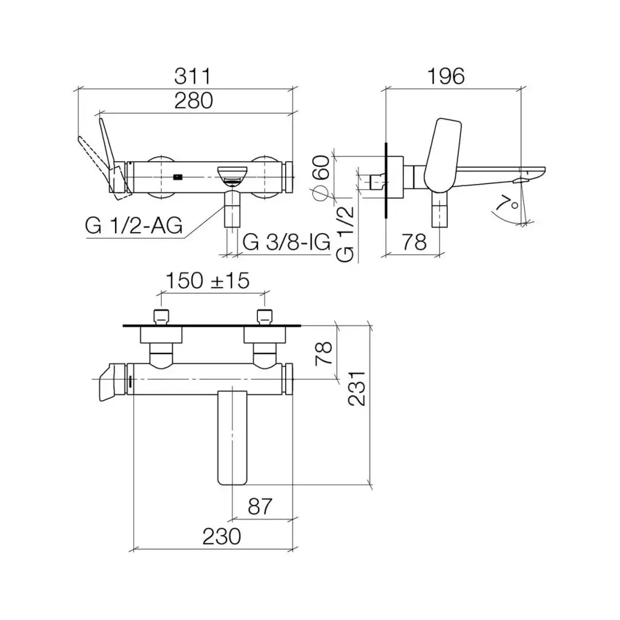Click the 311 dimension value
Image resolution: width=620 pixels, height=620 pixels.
pyautogui.click(x=193, y=76)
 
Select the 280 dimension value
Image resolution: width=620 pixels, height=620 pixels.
pyautogui.click(x=194, y=101)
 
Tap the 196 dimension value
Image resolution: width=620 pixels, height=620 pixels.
pyautogui.click(x=446, y=76)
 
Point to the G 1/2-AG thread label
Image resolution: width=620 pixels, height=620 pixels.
pyautogui.click(x=134, y=226)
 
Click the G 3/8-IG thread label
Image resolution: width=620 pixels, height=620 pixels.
pyautogui.click(x=286, y=242)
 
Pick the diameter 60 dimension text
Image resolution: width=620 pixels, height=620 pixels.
pyautogui.click(x=321, y=178)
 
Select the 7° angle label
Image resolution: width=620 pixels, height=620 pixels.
pyautogui.click(x=508, y=202)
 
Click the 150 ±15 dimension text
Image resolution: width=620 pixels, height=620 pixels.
pyautogui.click(x=208, y=281)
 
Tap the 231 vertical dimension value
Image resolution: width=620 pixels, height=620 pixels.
pyautogui.click(x=357, y=388)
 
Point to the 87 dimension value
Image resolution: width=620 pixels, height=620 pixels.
pyautogui.click(x=260, y=507)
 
